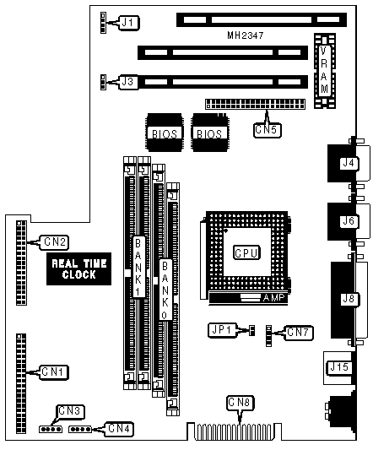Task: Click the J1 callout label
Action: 129,23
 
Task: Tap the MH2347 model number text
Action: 246,35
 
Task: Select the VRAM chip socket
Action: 325,71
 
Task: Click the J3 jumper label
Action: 128,82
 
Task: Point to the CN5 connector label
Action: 268,130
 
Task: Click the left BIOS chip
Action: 165,133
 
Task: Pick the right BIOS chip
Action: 209,133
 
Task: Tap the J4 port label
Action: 349,163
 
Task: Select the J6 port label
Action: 349,221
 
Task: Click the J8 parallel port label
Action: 349,299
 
